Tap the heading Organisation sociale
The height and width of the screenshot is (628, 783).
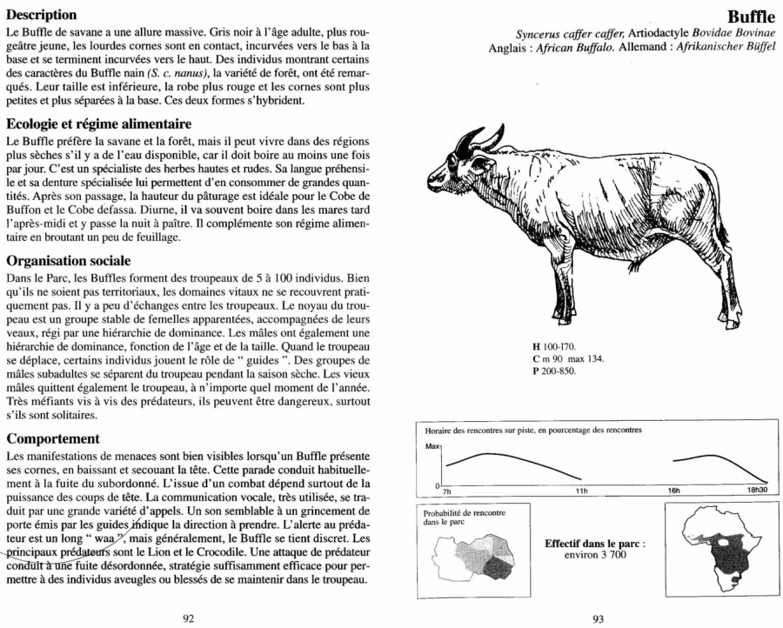69,259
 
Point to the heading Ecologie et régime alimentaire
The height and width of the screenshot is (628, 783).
98,124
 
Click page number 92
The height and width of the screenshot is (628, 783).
188,618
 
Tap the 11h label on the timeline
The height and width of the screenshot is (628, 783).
582,491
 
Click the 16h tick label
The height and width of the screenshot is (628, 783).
673,491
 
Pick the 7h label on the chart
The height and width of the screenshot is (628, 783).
447,491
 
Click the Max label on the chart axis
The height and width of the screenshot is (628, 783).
433,445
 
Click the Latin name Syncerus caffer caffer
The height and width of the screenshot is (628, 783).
565,33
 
